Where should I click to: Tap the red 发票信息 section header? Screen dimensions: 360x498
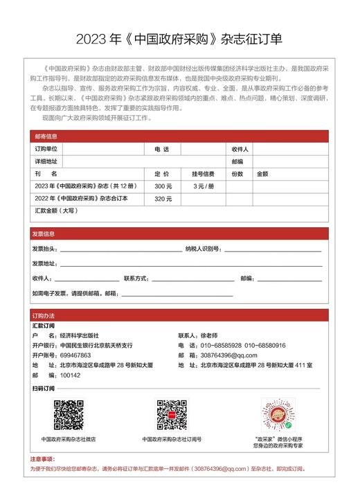(44, 233)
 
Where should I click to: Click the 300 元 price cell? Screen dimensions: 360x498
(163, 186)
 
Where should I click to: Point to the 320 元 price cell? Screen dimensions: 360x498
(163, 198)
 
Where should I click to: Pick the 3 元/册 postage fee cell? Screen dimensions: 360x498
(203, 186)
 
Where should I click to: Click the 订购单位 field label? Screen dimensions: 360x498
(46, 149)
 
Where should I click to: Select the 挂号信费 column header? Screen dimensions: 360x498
(203, 174)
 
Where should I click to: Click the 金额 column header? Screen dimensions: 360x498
(262, 174)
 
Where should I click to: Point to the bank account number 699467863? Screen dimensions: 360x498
(75, 355)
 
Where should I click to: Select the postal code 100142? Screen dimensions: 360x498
(71, 375)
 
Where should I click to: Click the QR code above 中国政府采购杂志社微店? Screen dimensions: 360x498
(69, 415)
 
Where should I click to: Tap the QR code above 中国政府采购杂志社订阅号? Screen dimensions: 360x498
(171, 415)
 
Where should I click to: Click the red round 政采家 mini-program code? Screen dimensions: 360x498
(278, 415)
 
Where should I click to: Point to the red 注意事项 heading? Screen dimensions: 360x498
(42, 459)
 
